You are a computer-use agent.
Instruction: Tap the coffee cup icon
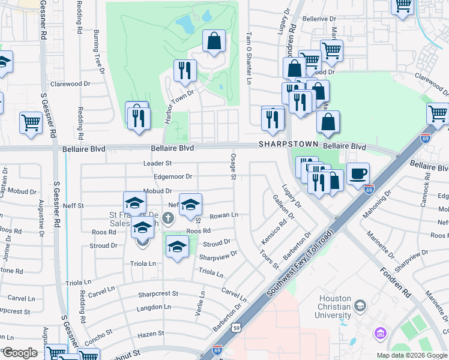coord(358,173)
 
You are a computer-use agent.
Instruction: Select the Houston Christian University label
coord(333,311)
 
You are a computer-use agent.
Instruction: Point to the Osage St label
coord(232,166)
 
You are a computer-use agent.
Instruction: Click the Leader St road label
coord(158,163)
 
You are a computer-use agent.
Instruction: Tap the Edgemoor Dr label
coord(173,177)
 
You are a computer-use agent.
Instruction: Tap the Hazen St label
coord(151,334)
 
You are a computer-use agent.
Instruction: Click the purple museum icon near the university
coord(379,332)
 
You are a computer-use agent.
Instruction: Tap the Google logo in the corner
coord(19,353)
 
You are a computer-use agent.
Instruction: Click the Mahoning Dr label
coord(376,206)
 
